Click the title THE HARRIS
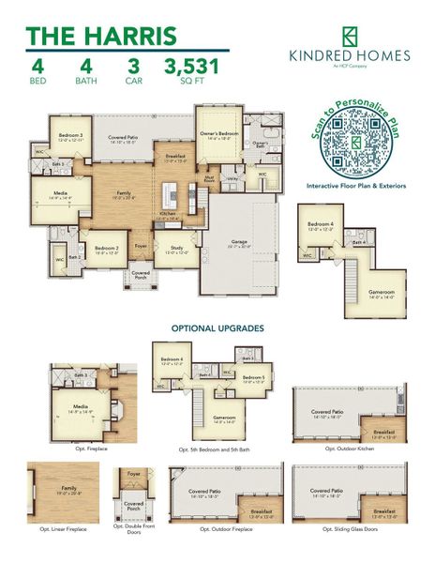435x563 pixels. [100, 37]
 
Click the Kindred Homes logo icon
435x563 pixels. [350, 37]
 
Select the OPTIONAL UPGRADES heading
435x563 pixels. [217, 328]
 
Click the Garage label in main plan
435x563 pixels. [239, 242]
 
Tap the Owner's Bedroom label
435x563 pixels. [218, 134]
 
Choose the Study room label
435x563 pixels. [177, 251]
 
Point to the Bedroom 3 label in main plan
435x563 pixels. [70, 137]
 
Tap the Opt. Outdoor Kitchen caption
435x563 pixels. [349, 449]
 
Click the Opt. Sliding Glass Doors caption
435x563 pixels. [349, 529]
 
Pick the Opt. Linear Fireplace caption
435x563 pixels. [63, 529]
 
